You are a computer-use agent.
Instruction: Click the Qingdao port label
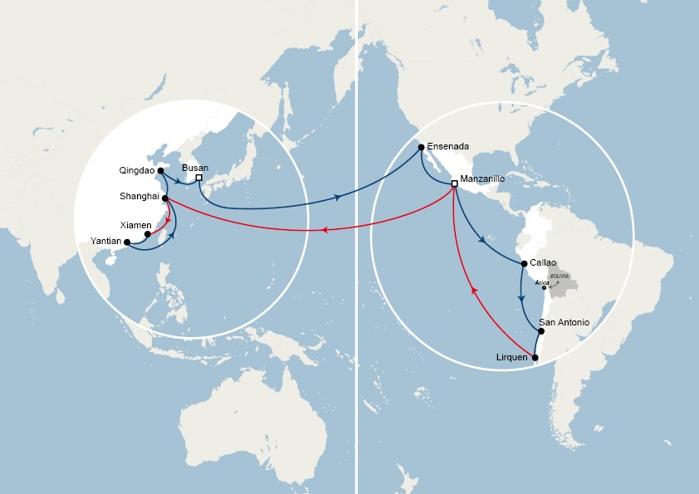(138, 171)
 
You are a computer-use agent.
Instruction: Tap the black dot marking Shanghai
(166, 198)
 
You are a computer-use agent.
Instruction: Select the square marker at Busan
(199, 177)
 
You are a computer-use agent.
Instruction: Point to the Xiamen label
(136, 225)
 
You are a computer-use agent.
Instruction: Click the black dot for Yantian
(127, 242)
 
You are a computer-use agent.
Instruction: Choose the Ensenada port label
(448, 147)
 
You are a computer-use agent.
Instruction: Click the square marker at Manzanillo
(454, 183)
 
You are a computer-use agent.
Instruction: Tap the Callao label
(543, 262)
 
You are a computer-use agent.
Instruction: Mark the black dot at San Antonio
(541, 331)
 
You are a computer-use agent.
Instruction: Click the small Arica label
(542, 282)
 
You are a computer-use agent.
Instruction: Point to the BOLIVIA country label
(560, 275)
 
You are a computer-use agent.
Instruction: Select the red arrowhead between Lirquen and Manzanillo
(474, 290)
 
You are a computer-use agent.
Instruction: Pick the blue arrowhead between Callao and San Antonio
(521, 297)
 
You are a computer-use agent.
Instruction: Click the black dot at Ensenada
(422, 148)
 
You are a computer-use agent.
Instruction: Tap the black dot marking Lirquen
(535, 359)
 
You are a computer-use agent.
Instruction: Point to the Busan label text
(195, 168)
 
